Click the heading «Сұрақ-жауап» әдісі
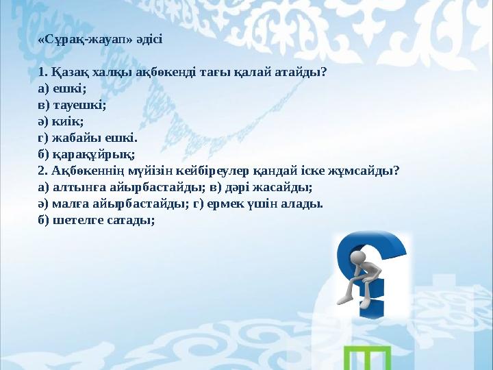[x=100, y=39]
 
